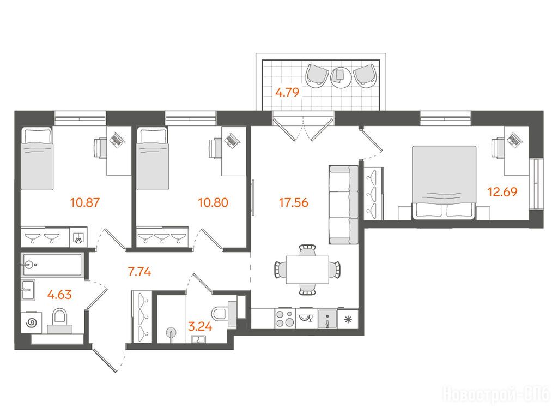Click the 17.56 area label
(x=294, y=203)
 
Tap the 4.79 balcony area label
(x=287, y=92)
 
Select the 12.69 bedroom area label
(x=502, y=192)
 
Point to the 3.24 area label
(x=200, y=326)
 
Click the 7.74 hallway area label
(x=139, y=272)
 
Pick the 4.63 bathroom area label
(x=59, y=295)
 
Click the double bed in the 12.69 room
(x=444, y=182)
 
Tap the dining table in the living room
(x=307, y=270)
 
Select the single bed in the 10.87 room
(x=37, y=159)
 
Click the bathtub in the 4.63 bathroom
(x=52, y=265)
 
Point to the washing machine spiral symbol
(x=31, y=323)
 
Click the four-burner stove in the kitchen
(x=285, y=318)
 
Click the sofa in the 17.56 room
(x=343, y=205)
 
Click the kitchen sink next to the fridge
(x=327, y=319)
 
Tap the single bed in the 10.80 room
(x=153, y=159)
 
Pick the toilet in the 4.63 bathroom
(x=59, y=320)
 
